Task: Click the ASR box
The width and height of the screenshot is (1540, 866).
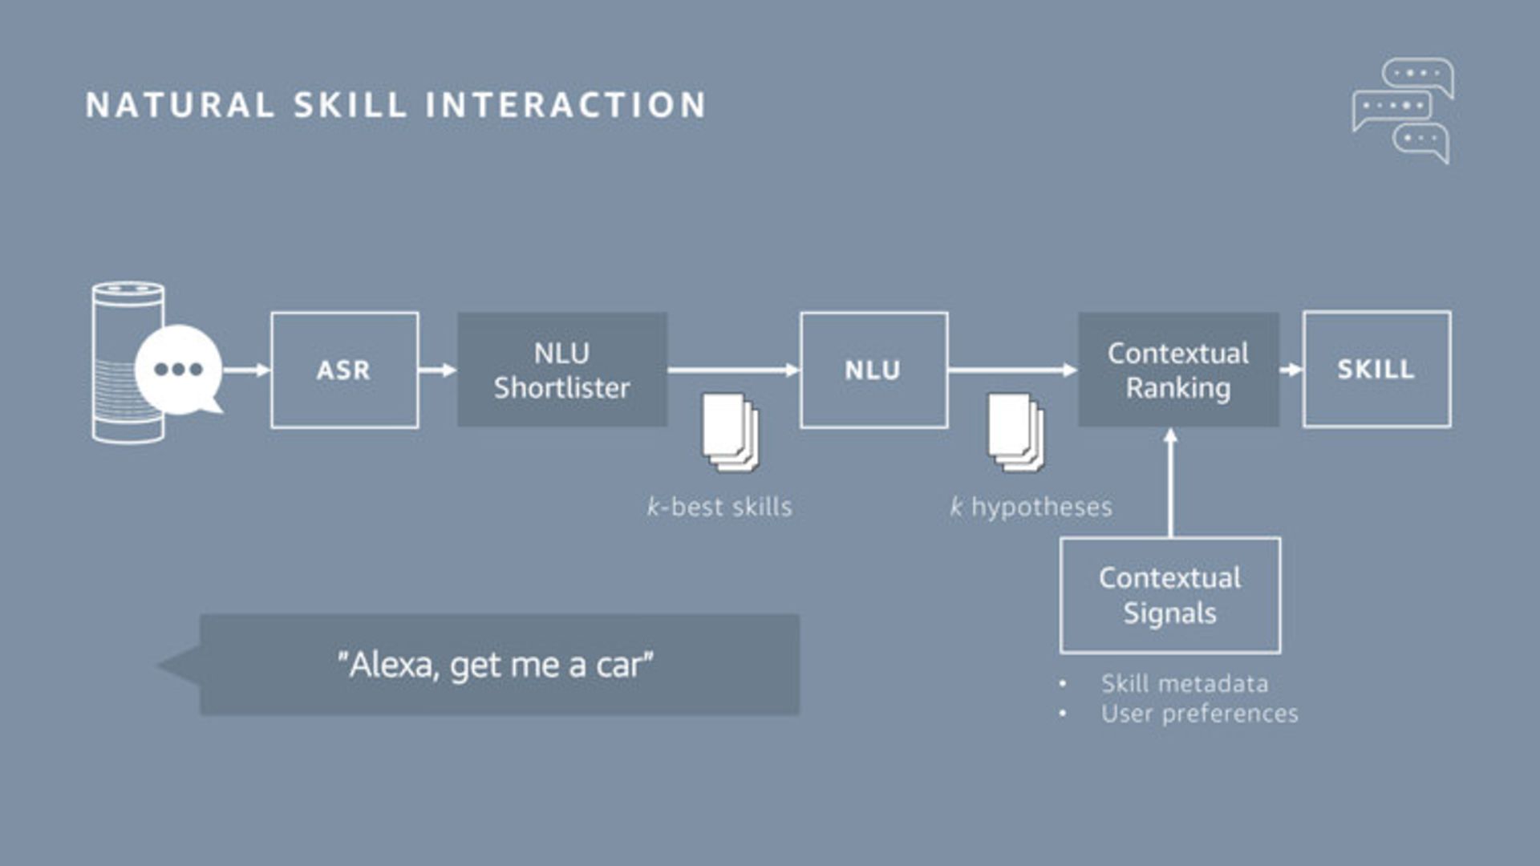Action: [x=344, y=370]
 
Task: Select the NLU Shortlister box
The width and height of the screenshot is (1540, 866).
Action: [x=561, y=370]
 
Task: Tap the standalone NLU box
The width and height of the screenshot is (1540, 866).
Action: [x=873, y=370]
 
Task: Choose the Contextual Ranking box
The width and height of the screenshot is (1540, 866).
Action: [x=1177, y=370]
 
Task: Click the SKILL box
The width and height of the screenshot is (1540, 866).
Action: [x=1376, y=369]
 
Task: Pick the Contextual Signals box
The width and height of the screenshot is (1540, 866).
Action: [x=1169, y=595]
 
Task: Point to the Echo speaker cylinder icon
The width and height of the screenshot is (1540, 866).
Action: [x=120, y=361]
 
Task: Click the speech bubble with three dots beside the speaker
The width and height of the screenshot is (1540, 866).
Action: [x=179, y=370]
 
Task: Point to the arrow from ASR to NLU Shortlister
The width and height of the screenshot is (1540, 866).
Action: [x=438, y=370]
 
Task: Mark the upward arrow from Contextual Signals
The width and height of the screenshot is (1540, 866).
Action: [x=1170, y=481]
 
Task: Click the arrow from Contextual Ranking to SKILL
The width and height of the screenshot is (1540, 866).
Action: [x=1291, y=370]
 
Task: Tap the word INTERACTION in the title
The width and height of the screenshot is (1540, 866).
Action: [x=565, y=105]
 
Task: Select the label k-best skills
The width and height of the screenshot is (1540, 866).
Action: [x=719, y=507]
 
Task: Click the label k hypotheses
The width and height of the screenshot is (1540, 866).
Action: [x=1031, y=507]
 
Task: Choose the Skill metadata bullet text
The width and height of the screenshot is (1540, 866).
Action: [x=1184, y=684]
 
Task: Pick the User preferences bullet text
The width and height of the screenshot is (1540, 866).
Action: [x=1199, y=714]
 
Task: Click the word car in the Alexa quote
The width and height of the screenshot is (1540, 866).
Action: [x=619, y=666]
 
